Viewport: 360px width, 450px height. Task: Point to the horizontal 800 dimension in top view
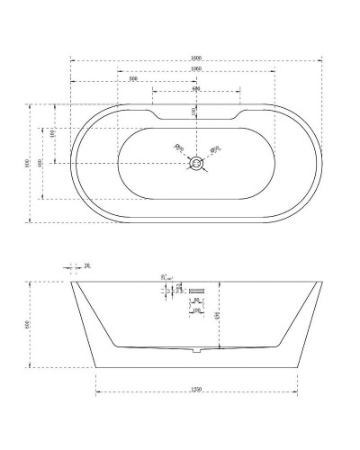133,79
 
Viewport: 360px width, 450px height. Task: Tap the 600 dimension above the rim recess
195,89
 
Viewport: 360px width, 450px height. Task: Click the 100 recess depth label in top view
192,111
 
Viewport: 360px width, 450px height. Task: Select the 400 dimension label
40,163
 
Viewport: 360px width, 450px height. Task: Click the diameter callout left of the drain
178,148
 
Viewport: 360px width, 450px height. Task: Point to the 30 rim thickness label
87,265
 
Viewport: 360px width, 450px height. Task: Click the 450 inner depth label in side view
219,314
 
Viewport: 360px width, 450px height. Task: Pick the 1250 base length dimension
196,390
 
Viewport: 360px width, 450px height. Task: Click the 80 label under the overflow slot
196,299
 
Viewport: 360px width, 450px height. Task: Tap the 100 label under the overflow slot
196,310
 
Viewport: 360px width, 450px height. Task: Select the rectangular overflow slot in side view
196,290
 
